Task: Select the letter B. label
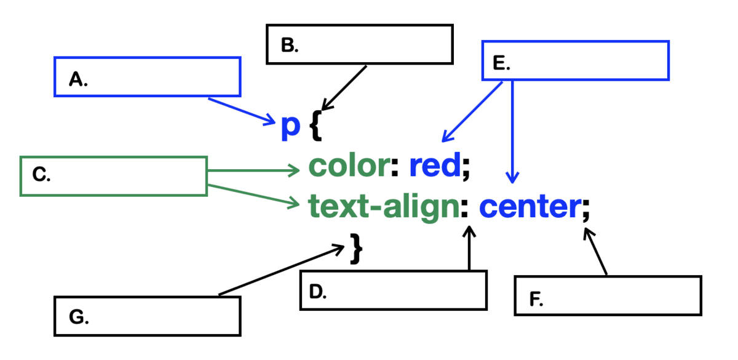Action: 289,46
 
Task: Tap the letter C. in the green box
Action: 41,175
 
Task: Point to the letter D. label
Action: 316,292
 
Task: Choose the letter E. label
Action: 502,62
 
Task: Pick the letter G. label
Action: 79,318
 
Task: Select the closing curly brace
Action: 355,249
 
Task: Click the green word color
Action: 349,165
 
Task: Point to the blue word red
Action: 434,165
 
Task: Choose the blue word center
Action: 529,207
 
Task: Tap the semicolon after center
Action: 585,211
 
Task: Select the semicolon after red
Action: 465,168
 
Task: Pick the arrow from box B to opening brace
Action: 344,86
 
